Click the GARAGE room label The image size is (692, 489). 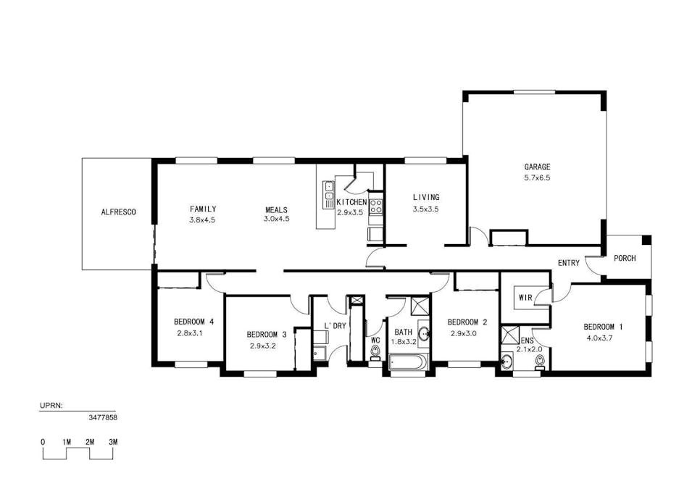coord(537,167)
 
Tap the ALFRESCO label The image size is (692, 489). coord(118,212)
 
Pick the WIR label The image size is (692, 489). coord(525,298)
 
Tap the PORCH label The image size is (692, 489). coord(625,258)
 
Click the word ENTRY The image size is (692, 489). coord(568,263)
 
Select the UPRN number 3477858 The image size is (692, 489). coord(102,418)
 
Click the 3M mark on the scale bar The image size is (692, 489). coord(113,442)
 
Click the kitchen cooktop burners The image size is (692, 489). coord(376,206)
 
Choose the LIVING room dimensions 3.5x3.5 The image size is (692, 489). coord(425,209)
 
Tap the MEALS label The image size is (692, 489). coord(276,209)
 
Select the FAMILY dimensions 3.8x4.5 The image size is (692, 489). coord(203,219)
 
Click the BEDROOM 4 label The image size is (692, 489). coord(193,322)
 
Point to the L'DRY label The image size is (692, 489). coord(335,326)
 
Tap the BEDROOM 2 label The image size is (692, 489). coord(467,322)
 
